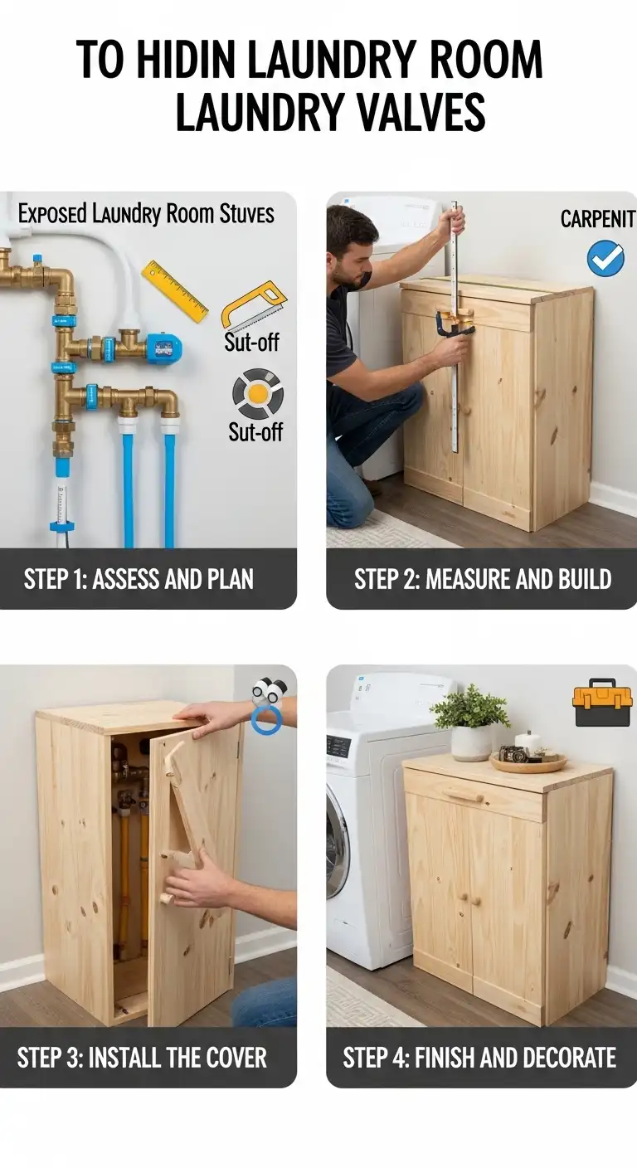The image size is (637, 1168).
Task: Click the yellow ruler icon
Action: [x=175, y=291]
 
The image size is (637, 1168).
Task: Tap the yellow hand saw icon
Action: [x=251, y=305]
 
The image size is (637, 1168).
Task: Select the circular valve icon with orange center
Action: [x=257, y=394]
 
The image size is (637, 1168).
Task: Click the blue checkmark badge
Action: [x=605, y=258]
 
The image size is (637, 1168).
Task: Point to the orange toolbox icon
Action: [x=602, y=704]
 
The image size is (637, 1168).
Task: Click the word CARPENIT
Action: [x=597, y=219]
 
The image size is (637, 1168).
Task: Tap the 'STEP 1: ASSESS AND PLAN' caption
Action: [x=139, y=579]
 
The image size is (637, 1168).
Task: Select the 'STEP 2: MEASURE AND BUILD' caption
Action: [x=483, y=579]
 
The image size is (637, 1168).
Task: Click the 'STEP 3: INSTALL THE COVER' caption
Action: [x=142, y=1058]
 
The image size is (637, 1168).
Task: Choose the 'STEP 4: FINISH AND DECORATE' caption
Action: [x=479, y=1058]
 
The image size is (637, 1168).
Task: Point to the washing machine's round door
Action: [x=336, y=841]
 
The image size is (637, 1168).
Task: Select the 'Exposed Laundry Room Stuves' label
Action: [x=146, y=214]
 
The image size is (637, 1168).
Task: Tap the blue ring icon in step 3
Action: [x=267, y=718]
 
